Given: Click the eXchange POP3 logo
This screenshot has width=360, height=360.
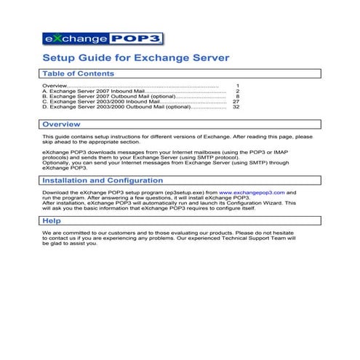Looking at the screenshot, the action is point(101,38).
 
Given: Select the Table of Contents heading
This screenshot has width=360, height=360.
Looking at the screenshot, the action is point(78,73).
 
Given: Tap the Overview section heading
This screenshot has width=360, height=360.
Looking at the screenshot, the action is point(66,124).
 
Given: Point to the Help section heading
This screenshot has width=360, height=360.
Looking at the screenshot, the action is point(52,220).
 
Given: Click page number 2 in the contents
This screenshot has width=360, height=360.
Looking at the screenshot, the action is point(237,91).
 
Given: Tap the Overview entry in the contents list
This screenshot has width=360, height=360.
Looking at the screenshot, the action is point(55,86).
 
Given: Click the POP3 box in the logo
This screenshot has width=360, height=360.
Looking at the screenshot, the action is point(136,38).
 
